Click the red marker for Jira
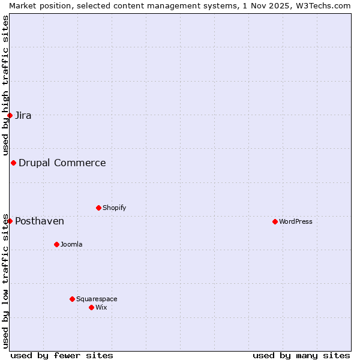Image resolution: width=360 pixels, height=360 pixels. (10, 115)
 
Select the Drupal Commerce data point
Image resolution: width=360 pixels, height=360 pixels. (13, 163)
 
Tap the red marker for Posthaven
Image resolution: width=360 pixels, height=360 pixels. (10, 221)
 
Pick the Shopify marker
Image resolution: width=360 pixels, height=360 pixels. (98, 208)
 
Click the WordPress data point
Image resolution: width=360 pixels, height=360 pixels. (275, 221)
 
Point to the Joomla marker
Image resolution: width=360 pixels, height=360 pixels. (56, 244)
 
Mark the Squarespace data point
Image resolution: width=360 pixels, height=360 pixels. (72, 299)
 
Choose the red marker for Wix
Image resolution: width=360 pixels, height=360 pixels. (91, 307)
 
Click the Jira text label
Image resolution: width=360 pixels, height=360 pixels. (23, 116)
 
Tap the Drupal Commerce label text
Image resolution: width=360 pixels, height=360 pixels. (62, 163)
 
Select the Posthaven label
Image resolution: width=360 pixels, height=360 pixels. (40, 221)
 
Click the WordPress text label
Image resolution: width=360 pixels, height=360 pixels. (296, 221)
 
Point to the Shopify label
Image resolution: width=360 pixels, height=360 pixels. (115, 208)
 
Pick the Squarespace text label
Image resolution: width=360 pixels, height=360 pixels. (97, 299)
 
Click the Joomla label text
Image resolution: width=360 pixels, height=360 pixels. (71, 244)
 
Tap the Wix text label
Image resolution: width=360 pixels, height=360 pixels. (101, 307)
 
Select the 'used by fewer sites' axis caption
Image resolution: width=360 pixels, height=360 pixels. (62, 355)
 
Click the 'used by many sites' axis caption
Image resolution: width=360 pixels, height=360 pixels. (301, 355)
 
